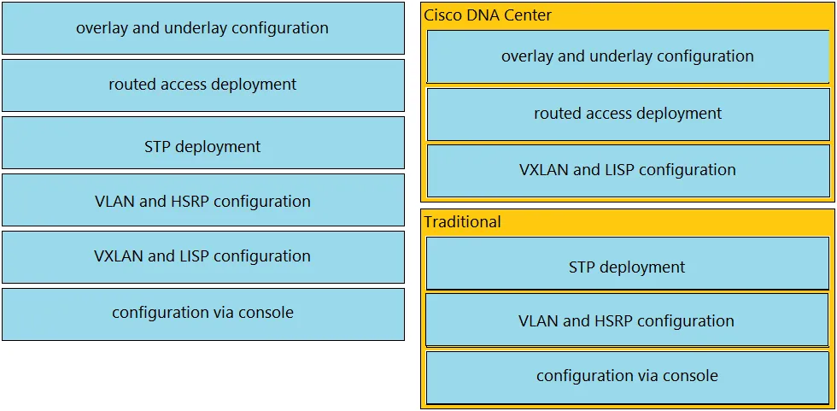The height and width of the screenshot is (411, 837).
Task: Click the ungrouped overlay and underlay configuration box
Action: [203, 28]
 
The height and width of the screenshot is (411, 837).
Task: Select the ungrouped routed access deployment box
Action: [203, 85]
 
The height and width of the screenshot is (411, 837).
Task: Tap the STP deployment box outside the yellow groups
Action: [203, 143]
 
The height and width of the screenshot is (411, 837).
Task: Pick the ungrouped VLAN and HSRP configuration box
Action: [203, 200]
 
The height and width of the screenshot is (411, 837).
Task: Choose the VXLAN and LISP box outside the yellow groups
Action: [203, 256]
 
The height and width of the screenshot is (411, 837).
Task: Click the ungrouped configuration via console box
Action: [203, 314]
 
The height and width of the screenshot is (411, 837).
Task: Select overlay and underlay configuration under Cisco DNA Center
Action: [628, 56]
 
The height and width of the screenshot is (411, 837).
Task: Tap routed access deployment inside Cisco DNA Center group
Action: [628, 114]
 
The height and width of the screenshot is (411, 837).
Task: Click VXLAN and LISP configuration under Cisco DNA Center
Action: [628, 171]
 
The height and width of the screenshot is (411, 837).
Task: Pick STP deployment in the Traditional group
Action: [627, 264]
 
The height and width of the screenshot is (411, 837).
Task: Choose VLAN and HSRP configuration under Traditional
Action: [627, 320]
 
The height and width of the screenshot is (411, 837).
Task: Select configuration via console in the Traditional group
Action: [627, 377]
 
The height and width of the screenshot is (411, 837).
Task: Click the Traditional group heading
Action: [462, 222]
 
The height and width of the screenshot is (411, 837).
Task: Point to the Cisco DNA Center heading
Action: [488, 15]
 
